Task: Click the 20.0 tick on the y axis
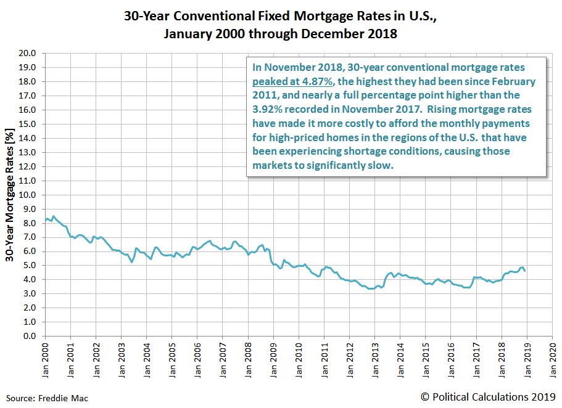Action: (x=28, y=54)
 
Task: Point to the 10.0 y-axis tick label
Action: (x=28, y=195)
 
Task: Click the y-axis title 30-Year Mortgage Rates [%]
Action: (x=10, y=195)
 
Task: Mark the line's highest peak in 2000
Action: (x=53, y=216)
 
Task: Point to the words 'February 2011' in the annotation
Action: (x=503, y=82)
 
